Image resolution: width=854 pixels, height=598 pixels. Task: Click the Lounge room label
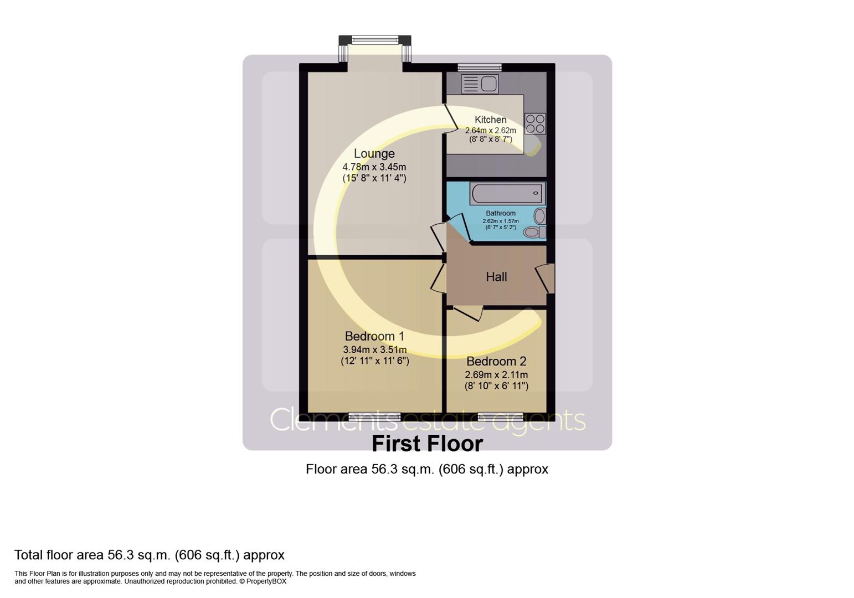pos(374,154)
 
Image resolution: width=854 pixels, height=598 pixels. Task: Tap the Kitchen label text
pos(490,120)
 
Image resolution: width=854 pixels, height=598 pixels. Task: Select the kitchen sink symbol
pos(480,84)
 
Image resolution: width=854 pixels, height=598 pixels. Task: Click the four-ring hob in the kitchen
pos(535,123)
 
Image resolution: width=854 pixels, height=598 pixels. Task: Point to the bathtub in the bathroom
pos(507,194)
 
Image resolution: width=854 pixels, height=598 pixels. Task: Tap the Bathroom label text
pos(501,213)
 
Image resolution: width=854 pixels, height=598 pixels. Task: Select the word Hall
pos(496,277)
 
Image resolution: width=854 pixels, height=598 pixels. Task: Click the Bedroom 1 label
pos(374,336)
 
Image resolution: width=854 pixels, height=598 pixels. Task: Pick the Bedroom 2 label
pos(496,362)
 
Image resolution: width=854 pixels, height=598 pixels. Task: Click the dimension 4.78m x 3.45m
pos(374,167)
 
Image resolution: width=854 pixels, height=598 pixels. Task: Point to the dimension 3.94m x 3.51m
pos(375,349)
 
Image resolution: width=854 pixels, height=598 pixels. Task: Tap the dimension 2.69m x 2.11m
pos(496,375)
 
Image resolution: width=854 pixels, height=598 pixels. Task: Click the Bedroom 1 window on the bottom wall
pos(375,415)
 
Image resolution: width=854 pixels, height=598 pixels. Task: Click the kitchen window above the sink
pos(480,68)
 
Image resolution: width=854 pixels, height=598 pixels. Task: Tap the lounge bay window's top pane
pos(375,40)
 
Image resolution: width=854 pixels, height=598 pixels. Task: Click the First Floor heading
pos(427,444)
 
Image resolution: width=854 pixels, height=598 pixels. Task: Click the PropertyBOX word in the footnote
pos(266,581)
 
